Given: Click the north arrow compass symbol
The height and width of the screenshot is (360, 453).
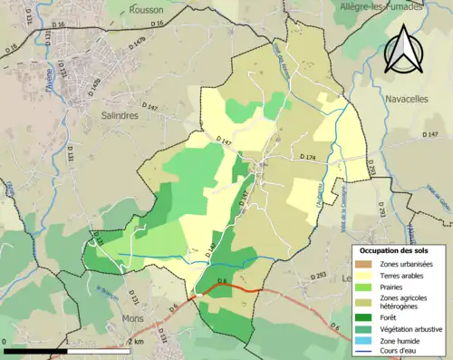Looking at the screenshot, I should [402, 50].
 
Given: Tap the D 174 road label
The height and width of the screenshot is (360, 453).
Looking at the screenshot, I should [311, 159].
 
